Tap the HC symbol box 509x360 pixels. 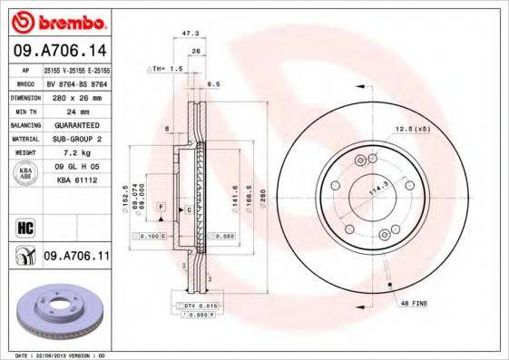coord(24,227)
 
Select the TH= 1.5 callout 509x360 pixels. coord(166,69)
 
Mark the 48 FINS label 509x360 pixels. coord(413,304)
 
